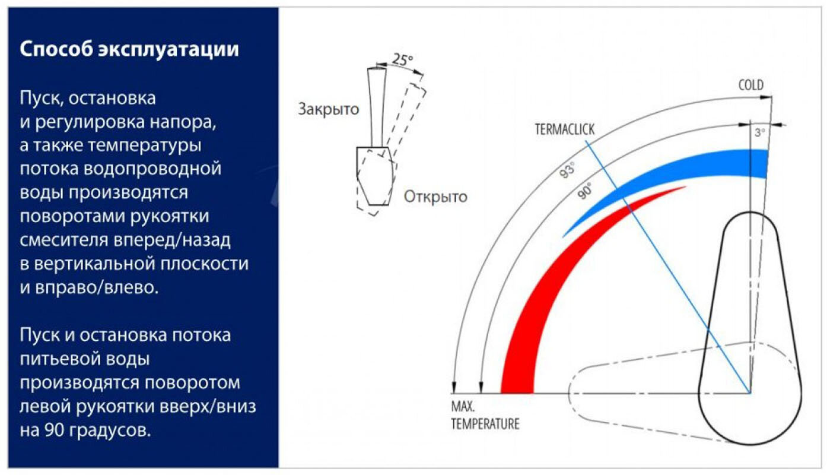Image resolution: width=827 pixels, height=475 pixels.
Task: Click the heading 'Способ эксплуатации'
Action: [129, 49]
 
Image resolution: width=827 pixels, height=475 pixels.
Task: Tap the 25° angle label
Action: [403, 60]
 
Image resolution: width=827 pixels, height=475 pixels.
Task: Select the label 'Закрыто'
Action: [329, 109]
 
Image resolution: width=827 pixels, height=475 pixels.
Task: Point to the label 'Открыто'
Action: [435, 197]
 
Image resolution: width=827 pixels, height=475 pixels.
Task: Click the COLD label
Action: [750, 85]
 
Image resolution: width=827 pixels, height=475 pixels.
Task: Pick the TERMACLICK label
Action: [564, 129]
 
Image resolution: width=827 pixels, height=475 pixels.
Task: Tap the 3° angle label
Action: [759, 134]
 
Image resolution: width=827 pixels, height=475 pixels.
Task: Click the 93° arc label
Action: [568, 171]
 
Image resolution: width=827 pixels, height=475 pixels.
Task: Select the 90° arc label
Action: [585, 193]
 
